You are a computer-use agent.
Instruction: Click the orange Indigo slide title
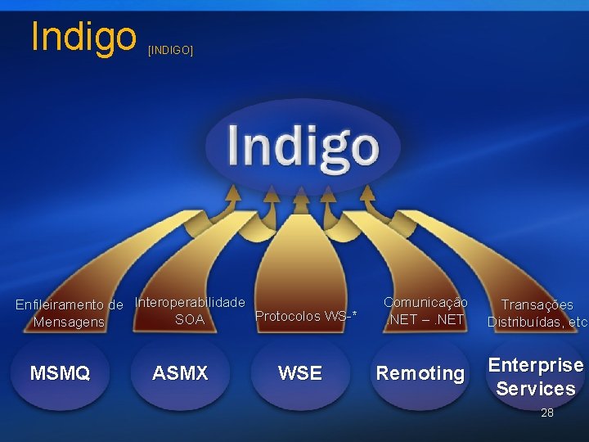click(83, 36)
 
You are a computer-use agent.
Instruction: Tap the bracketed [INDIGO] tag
click(170, 51)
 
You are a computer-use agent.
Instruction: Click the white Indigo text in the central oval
click(303, 146)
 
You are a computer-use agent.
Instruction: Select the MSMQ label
click(60, 374)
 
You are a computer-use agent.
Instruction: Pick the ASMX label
click(180, 374)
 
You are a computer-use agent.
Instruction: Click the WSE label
click(300, 374)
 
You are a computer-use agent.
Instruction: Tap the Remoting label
click(420, 374)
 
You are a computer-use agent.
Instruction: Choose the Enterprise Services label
click(536, 377)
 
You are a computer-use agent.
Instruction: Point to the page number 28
click(547, 413)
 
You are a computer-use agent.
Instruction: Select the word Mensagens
click(69, 322)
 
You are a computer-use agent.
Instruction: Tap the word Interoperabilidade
click(190, 302)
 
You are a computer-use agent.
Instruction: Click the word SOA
click(190, 319)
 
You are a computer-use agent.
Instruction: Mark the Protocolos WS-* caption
click(306, 316)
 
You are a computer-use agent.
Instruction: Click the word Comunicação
click(425, 302)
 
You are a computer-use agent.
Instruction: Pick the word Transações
click(537, 304)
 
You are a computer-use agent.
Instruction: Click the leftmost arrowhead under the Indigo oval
click(233, 193)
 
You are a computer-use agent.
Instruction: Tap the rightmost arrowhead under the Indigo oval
click(367, 193)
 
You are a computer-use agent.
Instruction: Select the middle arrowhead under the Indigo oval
click(301, 194)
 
